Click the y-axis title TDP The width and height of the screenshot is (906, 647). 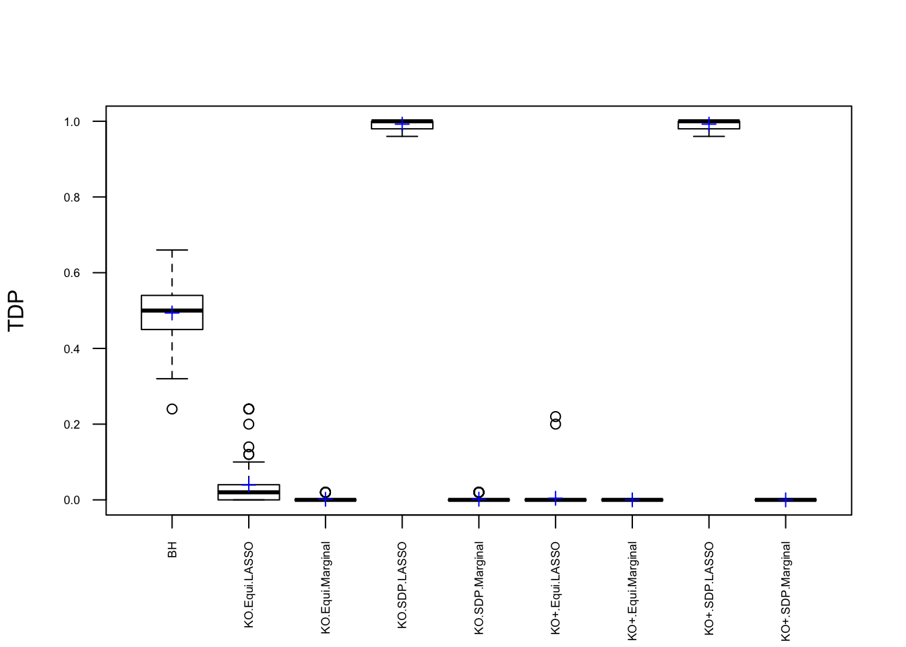tap(16, 311)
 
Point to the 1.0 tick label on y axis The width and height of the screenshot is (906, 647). tap(71, 122)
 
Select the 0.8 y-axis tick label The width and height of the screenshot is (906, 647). tap(71, 197)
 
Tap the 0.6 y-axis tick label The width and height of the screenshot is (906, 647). tap(71, 273)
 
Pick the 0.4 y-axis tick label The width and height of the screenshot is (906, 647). tap(71, 349)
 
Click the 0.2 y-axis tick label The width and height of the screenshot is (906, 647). tap(71, 425)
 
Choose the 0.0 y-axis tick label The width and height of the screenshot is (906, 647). tap(71, 500)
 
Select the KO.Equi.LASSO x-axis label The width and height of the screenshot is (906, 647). tap(249, 585)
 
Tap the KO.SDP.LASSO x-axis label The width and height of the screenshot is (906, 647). tap(402, 585)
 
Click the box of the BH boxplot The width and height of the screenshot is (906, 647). tap(172, 320)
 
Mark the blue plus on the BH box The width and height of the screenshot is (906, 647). tap(172, 313)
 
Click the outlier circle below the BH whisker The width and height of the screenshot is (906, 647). tap(172, 409)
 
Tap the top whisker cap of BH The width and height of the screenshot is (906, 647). tap(172, 250)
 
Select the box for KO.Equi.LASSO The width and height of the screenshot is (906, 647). tap(249, 493)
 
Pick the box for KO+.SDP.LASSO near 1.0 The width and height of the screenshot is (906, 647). tap(708, 125)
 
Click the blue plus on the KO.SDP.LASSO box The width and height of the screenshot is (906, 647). tap(402, 124)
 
